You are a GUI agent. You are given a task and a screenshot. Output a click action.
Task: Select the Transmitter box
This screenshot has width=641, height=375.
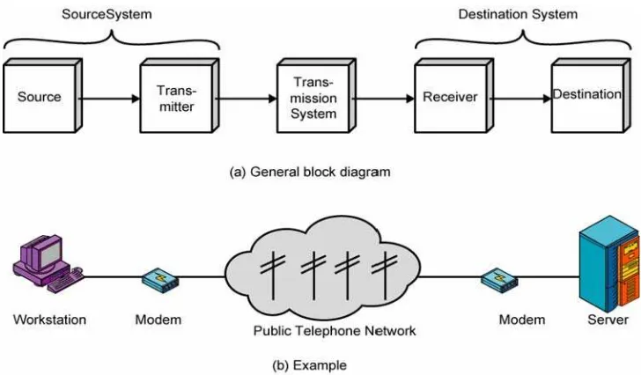pos(180,96)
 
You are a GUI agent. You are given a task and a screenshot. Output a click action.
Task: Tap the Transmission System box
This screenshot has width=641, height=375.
pos(316,96)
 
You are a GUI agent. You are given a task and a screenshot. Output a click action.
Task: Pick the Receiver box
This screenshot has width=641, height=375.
pos(453,96)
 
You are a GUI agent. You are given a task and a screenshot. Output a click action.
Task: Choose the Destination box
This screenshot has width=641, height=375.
pos(591,96)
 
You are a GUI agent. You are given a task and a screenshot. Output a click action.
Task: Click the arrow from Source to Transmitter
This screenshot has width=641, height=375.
pos(109,99)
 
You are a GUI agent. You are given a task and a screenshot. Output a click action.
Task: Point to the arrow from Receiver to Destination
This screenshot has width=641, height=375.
pos(520,99)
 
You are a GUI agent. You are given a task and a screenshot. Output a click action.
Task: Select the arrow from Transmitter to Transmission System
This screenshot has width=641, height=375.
pos(246,99)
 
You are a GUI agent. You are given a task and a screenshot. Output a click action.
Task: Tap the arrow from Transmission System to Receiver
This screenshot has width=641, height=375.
pos(383,99)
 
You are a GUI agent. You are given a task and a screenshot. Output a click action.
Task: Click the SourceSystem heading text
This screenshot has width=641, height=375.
pos(107,14)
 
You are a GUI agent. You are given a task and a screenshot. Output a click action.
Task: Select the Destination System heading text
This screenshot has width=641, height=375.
pos(518,14)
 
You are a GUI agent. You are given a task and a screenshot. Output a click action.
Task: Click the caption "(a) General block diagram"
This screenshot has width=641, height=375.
pos(310,172)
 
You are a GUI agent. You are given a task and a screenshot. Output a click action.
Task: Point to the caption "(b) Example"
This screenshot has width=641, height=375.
pos(309,365)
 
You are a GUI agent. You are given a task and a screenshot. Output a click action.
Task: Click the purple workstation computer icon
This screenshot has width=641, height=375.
pos(48,263)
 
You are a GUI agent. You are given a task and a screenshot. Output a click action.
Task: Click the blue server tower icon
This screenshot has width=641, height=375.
pos(609,263)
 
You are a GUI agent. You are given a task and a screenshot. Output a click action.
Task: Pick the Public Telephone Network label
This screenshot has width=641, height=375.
pos(335,330)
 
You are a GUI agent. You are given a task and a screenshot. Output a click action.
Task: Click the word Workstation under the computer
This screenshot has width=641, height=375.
pos(49,320)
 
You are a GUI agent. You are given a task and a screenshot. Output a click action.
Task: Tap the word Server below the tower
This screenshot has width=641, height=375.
pos(608,320)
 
